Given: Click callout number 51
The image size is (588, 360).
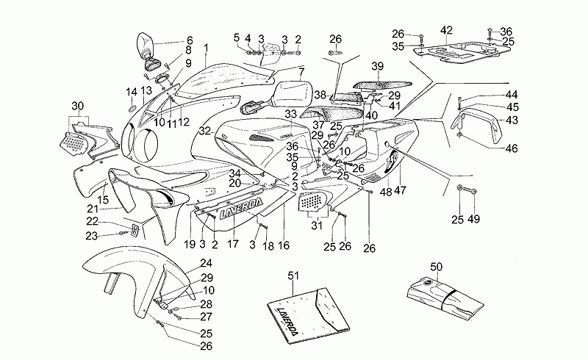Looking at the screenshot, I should tap(294, 276).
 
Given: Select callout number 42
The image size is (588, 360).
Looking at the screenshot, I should tap(447, 30).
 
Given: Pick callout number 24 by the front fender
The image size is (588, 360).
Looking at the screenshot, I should tap(206, 263).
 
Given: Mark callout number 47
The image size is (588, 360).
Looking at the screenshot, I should tap(401, 190).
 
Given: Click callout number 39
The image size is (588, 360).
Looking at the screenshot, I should tap(378, 66).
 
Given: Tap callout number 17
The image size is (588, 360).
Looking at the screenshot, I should tap(233, 244).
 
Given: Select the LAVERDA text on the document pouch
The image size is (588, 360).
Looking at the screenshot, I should tap(287, 320).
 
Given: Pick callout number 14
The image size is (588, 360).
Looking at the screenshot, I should tap(132, 91).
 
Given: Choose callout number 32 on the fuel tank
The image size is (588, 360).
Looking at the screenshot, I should tap(204, 130).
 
